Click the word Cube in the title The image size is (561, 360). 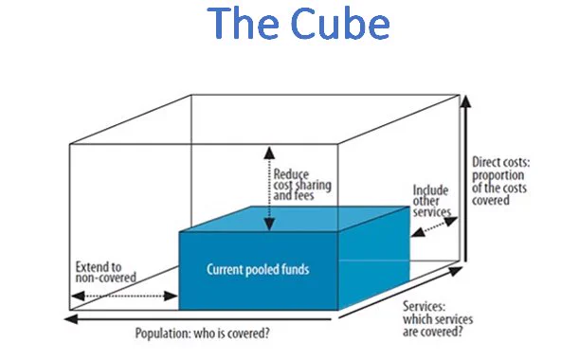(340, 24)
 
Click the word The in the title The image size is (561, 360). (243, 24)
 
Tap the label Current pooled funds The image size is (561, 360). (258, 269)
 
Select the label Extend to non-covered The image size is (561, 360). (106, 272)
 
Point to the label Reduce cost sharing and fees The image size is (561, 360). (302, 185)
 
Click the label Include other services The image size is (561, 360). (432, 201)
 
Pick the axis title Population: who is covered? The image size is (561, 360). (202, 333)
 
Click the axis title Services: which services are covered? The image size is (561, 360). (438, 319)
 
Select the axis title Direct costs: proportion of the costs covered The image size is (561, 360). (501, 181)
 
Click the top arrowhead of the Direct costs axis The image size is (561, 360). (465, 101)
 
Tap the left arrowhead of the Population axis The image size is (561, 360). (71, 318)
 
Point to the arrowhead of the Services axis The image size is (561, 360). (456, 271)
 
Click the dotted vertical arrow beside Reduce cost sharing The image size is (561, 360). (269, 189)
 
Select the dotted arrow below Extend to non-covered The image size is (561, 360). (124, 296)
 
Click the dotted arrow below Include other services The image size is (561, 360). (434, 226)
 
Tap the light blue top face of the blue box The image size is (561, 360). (294, 219)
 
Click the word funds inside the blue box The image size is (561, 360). (295, 269)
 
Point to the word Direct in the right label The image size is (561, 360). (485, 162)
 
